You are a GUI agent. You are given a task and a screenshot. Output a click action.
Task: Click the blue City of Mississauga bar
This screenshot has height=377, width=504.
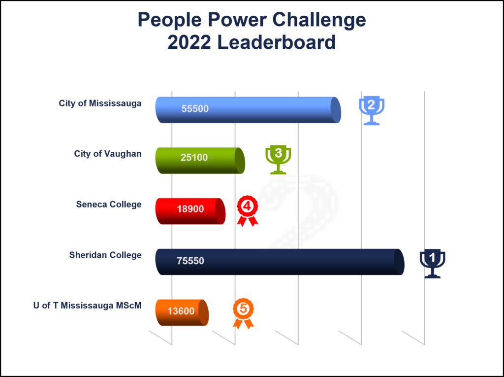tap(248, 110)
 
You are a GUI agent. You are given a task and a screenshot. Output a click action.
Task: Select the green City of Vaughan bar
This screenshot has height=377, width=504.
tap(200, 160)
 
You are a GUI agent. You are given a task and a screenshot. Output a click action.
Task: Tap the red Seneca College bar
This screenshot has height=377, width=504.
tap(190, 211)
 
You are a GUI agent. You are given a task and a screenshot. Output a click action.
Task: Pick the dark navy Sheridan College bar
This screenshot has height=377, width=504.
tap(280, 262)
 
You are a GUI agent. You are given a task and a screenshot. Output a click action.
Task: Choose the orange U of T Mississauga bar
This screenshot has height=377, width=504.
tap(182, 312)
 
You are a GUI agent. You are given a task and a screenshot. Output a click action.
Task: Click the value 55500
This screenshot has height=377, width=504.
tap(195, 109)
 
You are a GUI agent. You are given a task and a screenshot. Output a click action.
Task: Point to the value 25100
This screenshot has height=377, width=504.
tap(194, 157)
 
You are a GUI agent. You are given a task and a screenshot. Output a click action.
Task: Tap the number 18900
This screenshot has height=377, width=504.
tap(190, 209)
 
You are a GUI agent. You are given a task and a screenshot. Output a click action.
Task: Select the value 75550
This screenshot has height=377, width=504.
tap(190, 261)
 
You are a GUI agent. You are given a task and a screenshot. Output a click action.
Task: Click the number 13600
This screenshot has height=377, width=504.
tap(181, 311)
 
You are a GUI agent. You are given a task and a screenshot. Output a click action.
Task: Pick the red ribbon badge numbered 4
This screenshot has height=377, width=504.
tap(248, 211)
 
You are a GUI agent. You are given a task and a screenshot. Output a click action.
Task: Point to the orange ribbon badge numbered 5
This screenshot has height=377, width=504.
tap(243, 313)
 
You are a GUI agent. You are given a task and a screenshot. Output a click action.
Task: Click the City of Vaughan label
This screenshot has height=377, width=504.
tap(108, 154)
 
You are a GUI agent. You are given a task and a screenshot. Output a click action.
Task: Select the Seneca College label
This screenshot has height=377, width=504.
tap(109, 205)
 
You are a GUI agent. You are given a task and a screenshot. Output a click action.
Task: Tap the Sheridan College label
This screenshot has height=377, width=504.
tap(105, 255)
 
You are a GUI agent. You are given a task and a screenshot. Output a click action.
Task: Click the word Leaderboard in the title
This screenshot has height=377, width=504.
tap(277, 42)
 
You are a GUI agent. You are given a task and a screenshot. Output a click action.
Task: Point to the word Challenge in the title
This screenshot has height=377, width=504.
tap(319, 20)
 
